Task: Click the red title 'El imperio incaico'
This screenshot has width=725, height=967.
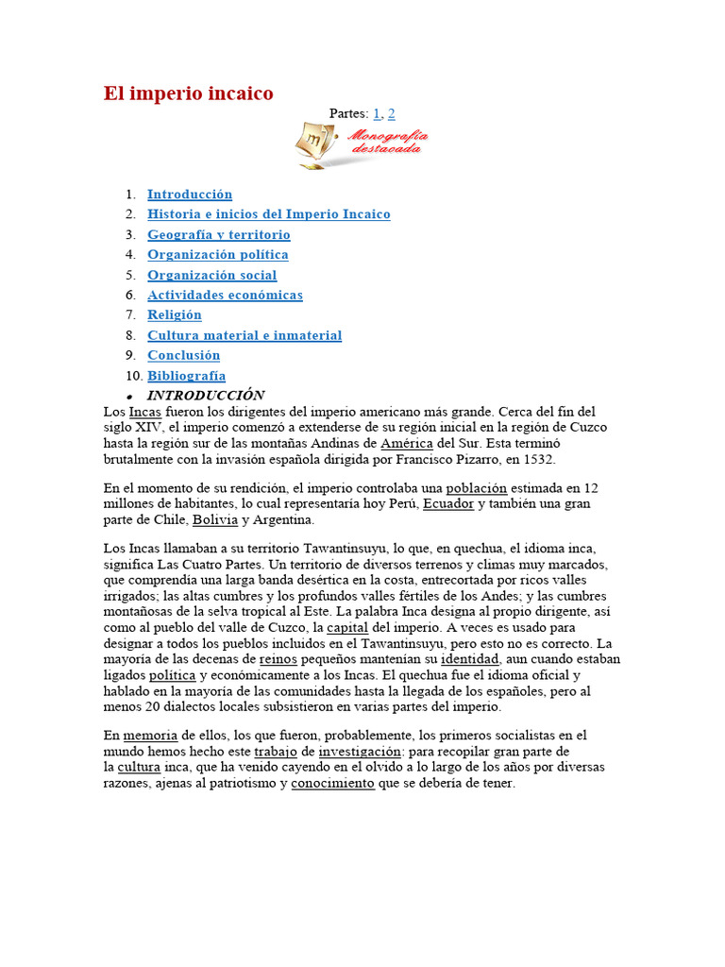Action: pos(188,93)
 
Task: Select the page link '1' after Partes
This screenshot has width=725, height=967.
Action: pos(377,113)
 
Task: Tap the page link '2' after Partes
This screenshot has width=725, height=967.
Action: pos(392,113)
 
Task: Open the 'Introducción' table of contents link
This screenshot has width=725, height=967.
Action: pos(189,195)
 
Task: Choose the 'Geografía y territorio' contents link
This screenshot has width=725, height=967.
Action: pos(218,235)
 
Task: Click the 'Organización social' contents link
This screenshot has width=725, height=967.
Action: pos(211,276)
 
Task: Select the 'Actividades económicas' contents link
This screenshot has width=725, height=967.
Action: pos(225,296)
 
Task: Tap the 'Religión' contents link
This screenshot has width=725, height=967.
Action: pos(174,315)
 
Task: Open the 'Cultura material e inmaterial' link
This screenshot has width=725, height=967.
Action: pos(244,335)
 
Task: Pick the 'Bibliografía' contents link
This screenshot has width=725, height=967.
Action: pos(186,376)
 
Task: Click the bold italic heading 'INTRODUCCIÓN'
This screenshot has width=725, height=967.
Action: pos(205,396)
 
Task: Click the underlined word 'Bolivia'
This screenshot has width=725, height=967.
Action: pos(215,520)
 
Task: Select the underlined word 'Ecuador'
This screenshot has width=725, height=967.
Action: pos(448,504)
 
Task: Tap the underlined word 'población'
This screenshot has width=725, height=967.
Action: pos(476,488)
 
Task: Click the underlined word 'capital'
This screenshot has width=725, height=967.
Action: pos(346,627)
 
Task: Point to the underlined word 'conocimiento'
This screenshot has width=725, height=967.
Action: pos(332,784)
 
